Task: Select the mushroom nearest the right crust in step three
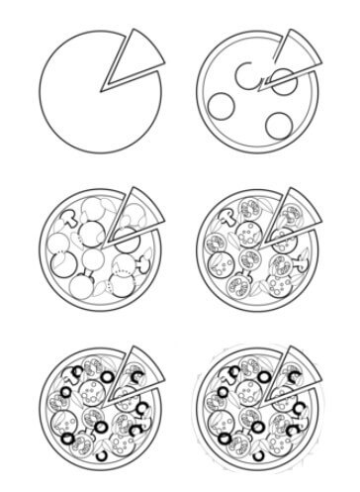coord(146,264)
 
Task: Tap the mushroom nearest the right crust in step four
coord(307,264)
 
